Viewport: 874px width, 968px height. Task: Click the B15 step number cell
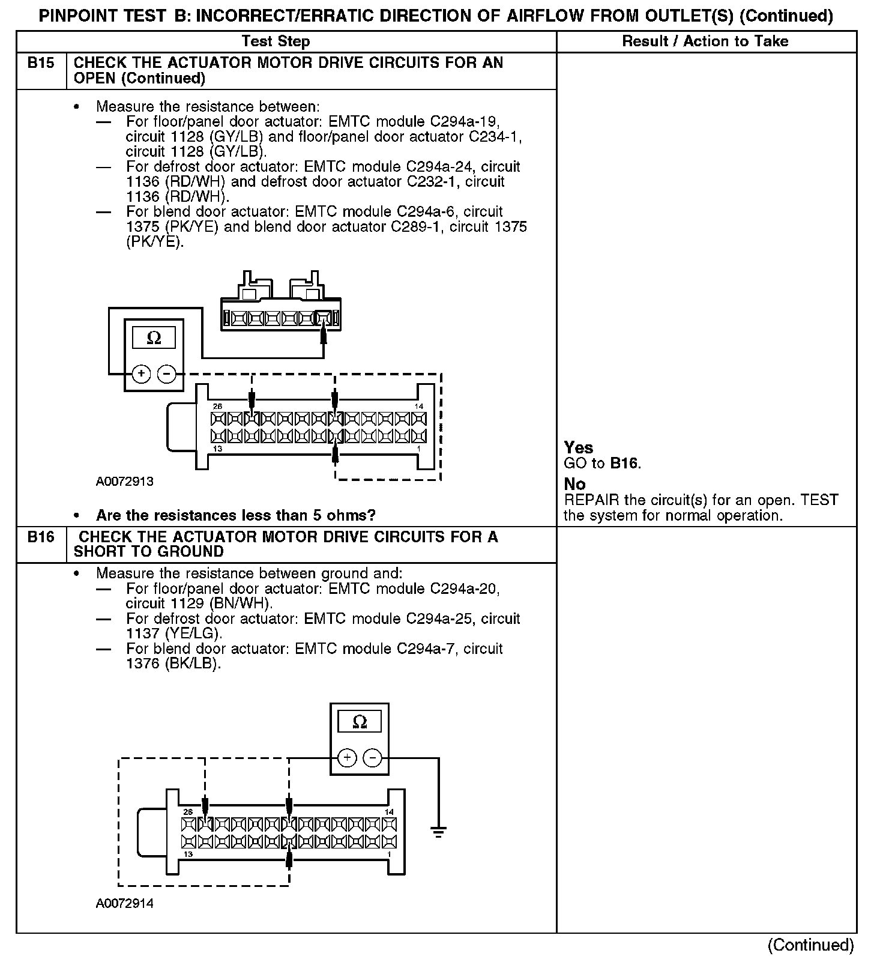(41, 63)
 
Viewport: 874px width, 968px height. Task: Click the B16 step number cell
(41, 537)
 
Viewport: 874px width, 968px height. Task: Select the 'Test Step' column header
(276, 41)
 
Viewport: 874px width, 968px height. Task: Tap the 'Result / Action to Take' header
(705, 41)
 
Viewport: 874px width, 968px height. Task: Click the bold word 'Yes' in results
(579, 447)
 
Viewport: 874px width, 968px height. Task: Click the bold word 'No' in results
(574, 484)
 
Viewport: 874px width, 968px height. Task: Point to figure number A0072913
(124, 482)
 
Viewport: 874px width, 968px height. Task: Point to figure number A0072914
(124, 904)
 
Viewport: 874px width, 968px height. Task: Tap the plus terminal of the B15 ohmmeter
(141, 374)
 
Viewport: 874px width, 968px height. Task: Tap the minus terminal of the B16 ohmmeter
(373, 758)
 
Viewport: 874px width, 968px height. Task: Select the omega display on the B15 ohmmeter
(154, 338)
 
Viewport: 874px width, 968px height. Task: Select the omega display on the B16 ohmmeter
(360, 721)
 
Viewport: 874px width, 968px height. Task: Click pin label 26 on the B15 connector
(217, 407)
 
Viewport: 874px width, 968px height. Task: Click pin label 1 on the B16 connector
(389, 854)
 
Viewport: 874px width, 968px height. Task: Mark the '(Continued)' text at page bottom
(810, 945)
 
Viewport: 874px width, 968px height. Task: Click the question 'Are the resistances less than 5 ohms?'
(236, 515)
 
